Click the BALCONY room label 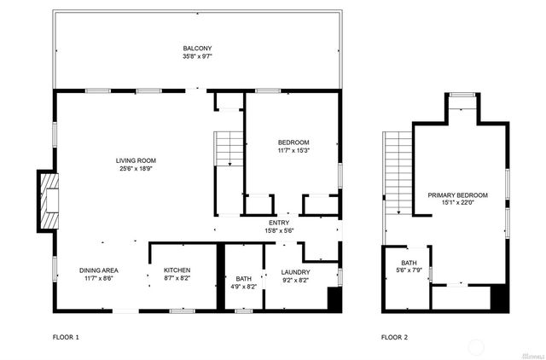coord(197,48)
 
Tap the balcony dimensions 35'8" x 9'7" coord(197,56)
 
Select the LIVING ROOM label coord(136,160)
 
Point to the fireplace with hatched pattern coord(49,200)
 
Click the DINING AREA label coord(99,270)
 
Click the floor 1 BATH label coord(243,279)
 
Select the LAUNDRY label coord(295,272)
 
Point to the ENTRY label coord(281,223)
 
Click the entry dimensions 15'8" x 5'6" coord(281,230)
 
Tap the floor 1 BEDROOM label coord(293,142)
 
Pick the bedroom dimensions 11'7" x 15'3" coord(293,150)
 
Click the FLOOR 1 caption coord(66,337)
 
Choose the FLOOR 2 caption coord(394,337)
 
